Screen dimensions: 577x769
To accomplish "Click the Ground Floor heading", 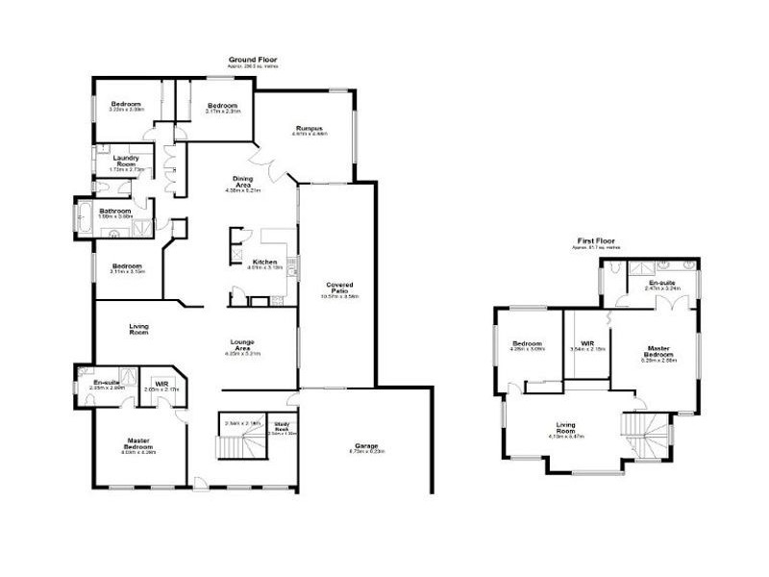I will point(247,60).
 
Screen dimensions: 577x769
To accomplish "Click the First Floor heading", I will point(596,240).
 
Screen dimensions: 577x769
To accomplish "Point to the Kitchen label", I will point(264,263).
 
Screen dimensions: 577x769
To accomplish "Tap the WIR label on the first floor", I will point(586,342).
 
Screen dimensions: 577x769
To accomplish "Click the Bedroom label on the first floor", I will point(528,343).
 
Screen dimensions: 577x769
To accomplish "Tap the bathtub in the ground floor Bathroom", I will point(84,216).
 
